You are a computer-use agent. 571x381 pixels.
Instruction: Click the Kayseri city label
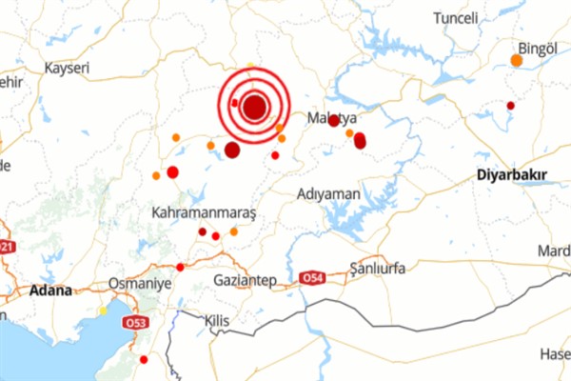coord(67,69)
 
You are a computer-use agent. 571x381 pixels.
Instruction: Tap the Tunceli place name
coord(462,18)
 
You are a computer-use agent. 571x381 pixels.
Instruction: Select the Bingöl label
coord(536,47)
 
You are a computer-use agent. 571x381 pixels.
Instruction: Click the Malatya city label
coord(331,118)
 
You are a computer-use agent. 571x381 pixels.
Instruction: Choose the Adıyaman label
coord(329,193)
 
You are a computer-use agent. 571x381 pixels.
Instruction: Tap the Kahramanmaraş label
coord(204,213)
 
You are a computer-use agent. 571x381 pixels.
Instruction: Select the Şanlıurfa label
coord(377,269)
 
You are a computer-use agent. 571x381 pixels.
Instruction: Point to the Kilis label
coord(218,322)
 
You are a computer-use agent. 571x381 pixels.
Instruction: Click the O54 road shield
coord(312,278)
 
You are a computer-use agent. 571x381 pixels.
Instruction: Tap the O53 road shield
coord(128,324)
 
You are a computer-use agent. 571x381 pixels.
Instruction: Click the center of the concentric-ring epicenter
coord(254,107)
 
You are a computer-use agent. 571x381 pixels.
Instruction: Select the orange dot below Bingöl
coord(516,61)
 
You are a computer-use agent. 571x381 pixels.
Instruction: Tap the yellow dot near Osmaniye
coord(103,311)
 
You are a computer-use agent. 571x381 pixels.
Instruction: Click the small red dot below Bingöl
coord(510,105)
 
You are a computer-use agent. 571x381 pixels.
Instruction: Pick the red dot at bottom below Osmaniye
coord(144,359)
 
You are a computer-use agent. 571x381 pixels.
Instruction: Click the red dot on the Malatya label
coord(334,120)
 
